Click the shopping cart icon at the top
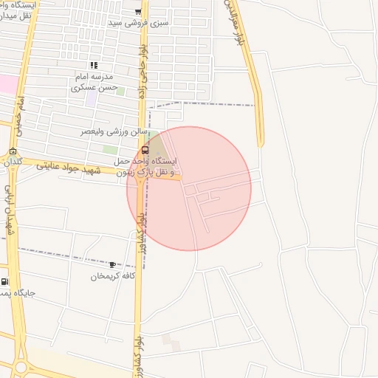[x=138, y=11]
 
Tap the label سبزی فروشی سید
[x=138, y=23]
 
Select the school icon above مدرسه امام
[x=94, y=66]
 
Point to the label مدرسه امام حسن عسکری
[x=94, y=82]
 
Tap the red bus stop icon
[x=143, y=149]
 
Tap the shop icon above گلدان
[x=13, y=151]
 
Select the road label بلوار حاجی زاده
[x=142, y=72]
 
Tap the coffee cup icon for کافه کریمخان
[x=112, y=264]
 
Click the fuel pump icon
[x=5, y=281]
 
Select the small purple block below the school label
[x=90, y=97]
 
